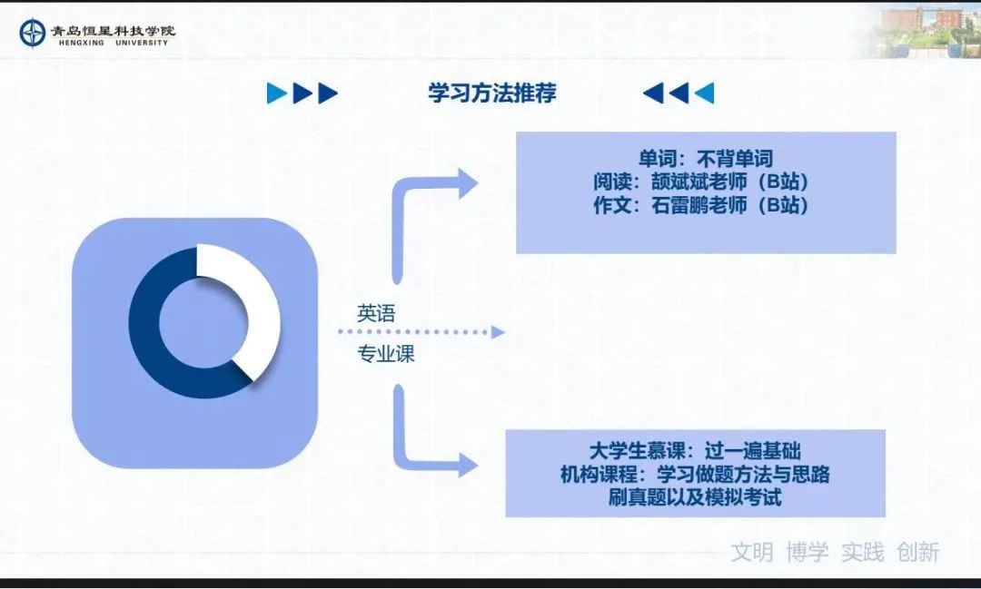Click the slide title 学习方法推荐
(x=492, y=93)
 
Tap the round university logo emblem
(x=33, y=34)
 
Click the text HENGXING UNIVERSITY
(x=114, y=44)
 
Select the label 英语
(x=376, y=312)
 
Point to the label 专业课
(x=386, y=354)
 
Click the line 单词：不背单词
(x=706, y=159)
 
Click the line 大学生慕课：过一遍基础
(x=695, y=451)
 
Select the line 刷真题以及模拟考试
(x=695, y=497)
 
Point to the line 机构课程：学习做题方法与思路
(x=695, y=474)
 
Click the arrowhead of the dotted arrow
(x=498, y=332)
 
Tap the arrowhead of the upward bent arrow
(x=468, y=183)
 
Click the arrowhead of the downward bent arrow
(x=468, y=465)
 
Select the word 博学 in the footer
(x=808, y=552)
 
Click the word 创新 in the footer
(x=917, y=552)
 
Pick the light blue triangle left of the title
(x=276, y=93)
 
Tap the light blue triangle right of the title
(x=705, y=93)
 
